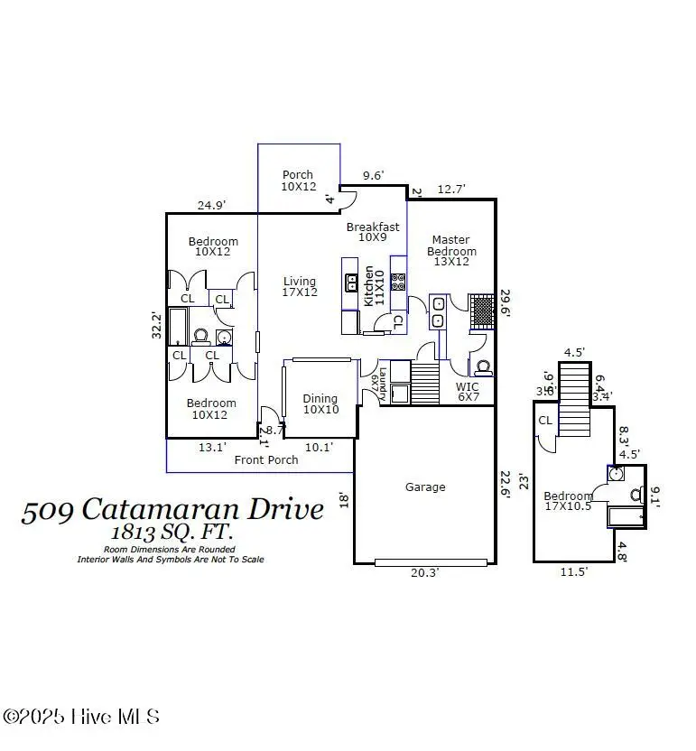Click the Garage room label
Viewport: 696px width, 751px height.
424,487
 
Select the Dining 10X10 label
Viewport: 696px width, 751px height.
320,403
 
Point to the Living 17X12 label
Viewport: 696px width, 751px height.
299,286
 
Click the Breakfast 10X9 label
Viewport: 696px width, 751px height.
373,232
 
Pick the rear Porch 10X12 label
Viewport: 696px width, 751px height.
297,181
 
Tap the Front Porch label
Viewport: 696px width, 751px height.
266,459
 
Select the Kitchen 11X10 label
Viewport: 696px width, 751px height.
374,286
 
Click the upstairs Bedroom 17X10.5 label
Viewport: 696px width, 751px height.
568,501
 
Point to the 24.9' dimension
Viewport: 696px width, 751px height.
211,206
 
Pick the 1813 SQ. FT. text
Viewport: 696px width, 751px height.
171,532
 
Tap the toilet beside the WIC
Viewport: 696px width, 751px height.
484,367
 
